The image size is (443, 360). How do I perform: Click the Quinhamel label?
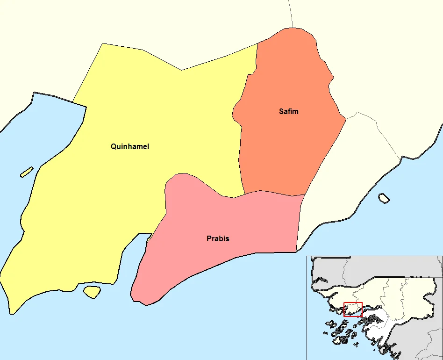tap(130, 146)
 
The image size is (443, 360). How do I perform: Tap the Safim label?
tap(288, 112)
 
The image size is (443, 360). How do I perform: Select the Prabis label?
tap(218, 239)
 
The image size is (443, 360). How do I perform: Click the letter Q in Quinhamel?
tap(114, 146)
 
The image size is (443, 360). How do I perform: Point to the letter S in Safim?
tap(281, 112)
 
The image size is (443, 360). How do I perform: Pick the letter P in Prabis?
tap(209, 239)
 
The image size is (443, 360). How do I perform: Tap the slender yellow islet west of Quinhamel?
tap(27, 172)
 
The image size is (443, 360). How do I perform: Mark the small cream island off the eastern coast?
tap(384, 198)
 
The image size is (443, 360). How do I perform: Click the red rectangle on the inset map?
tap(353, 309)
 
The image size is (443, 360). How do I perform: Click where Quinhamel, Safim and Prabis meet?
tap(244, 194)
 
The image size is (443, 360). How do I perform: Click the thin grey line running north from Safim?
tap(291, 14)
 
